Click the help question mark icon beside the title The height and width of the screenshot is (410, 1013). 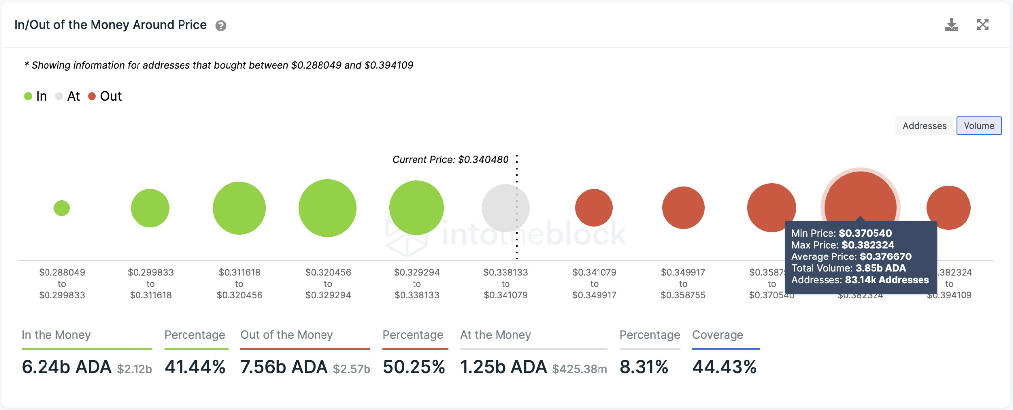pyautogui.click(x=221, y=26)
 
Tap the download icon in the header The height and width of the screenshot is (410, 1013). pyautogui.click(x=951, y=25)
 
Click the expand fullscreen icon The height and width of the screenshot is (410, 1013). pyautogui.click(x=982, y=25)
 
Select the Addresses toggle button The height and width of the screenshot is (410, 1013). pyautogui.click(x=924, y=126)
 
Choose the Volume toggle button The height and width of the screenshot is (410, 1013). pyautogui.click(x=978, y=126)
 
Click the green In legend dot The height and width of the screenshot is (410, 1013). pyautogui.click(x=28, y=96)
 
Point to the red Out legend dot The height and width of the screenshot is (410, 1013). pyautogui.click(x=92, y=96)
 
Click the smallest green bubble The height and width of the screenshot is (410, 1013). pyautogui.click(x=62, y=208)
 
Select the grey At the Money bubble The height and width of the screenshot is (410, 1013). pyautogui.click(x=505, y=208)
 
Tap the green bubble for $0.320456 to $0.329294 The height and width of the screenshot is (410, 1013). pyautogui.click(x=327, y=208)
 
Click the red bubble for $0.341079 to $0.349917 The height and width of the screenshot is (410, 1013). pyautogui.click(x=594, y=207)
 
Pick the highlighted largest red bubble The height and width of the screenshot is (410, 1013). pyautogui.click(x=860, y=198)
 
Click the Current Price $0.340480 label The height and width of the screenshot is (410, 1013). pyautogui.click(x=450, y=160)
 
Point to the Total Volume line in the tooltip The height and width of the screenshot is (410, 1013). pyautogui.click(x=848, y=268)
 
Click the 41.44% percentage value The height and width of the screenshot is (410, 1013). pyautogui.click(x=195, y=367)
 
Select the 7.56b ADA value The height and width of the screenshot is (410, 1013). pyautogui.click(x=284, y=367)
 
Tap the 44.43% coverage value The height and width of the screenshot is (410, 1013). pyautogui.click(x=724, y=367)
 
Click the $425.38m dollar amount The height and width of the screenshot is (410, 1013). pyautogui.click(x=579, y=369)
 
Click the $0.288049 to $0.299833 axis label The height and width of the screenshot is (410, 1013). pyautogui.click(x=62, y=284)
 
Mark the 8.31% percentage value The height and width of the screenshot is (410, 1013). pyautogui.click(x=644, y=367)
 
